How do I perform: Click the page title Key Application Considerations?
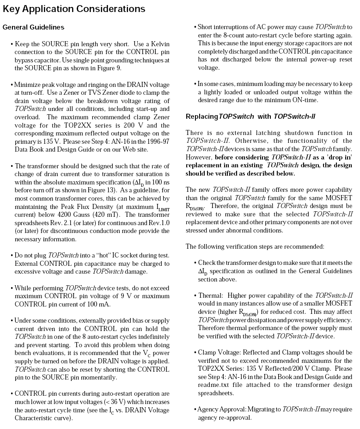click(x=74, y=9)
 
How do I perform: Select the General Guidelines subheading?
click(x=33, y=27)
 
